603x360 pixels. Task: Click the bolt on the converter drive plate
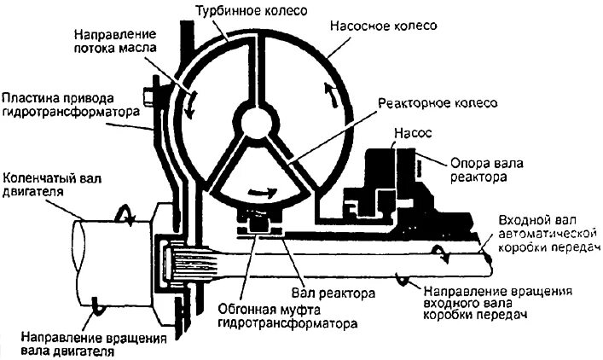tap(153, 91)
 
